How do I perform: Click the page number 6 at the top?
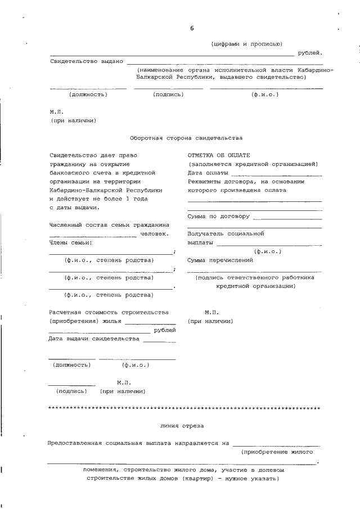pyautogui.click(x=192, y=28)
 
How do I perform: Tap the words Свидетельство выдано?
pyautogui.click(x=86, y=61)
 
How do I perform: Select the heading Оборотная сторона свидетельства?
pyautogui.click(x=186, y=137)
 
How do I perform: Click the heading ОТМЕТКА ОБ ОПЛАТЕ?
pyautogui.click(x=219, y=155)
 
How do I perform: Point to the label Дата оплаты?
pyautogui.click(x=208, y=173)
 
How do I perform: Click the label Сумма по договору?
pyautogui.click(x=219, y=216)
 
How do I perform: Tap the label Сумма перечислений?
pyautogui.click(x=220, y=260)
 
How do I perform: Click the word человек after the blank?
pyautogui.click(x=154, y=233)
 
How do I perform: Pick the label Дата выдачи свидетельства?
pyautogui.click(x=93, y=339)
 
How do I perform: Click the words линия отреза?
pyautogui.click(x=182, y=426)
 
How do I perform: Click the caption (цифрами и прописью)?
pyautogui.click(x=246, y=43)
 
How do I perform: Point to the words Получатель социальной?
pyautogui.click(x=226, y=233)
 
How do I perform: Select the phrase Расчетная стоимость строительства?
pyautogui.click(x=109, y=312)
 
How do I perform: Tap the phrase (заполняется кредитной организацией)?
pyautogui.click(x=253, y=164)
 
